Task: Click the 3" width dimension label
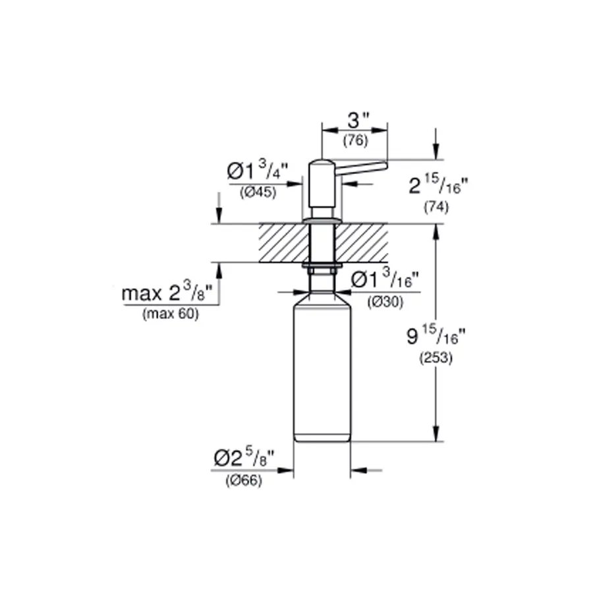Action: click(x=358, y=121)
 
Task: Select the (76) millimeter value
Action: click(x=355, y=141)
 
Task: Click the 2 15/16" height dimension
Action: click(x=437, y=186)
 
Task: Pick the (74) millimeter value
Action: click(x=436, y=207)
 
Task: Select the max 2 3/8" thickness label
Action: click(x=169, y=293)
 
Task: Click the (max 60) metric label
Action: click(x=169, y=314)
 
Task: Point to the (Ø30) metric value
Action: click(x=385, y=300)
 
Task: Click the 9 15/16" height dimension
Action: click(x=436, y=339)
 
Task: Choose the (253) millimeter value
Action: click(x=436, y=360)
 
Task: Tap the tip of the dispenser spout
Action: click(x=384, y=163)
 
